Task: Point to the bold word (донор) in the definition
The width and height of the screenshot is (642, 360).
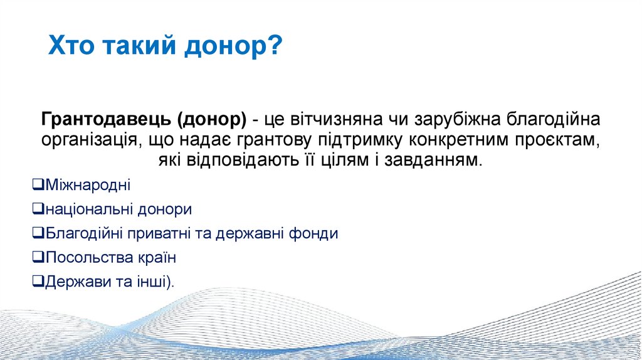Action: (212, 119)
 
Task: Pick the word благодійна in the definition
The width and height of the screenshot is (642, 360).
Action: (554, 119)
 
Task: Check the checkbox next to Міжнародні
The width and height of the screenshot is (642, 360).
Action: (38, 184)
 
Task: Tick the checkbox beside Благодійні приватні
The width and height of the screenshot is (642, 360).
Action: (38, 233)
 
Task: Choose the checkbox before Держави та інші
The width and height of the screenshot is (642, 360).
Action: (38, 281)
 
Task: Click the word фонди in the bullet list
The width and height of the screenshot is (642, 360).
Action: (313, 233)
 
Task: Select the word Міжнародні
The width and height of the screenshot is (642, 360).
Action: (88, 185)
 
